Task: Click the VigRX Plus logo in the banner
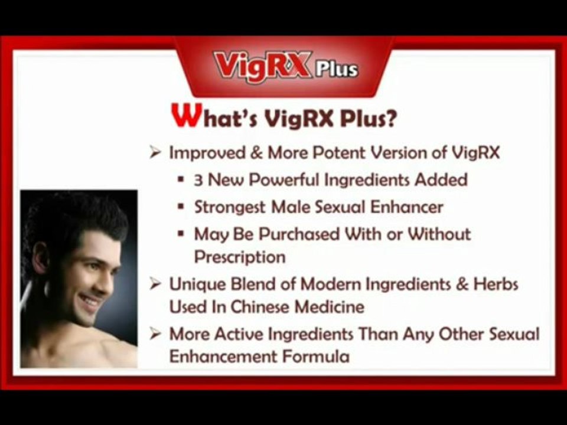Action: [x=286, y=67]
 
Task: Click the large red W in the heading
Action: [x=186, y=115]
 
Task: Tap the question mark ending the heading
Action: [x=390, y=118]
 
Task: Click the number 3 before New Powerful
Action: [x=198, y=180]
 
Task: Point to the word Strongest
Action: [x=230, y=208]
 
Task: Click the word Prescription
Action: [x=240, y=257]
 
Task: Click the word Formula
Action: [x=315, y=357]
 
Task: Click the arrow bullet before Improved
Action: [x=155, y=153]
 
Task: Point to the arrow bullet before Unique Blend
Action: [x=155, y=285]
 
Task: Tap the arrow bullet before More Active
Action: [x=155, y=334]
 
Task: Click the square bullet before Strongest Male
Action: [x=181, y=207]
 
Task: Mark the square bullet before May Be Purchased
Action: [x=181, y=234]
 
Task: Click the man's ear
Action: [x=41, y=258]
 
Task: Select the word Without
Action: [x=439, y=234]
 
